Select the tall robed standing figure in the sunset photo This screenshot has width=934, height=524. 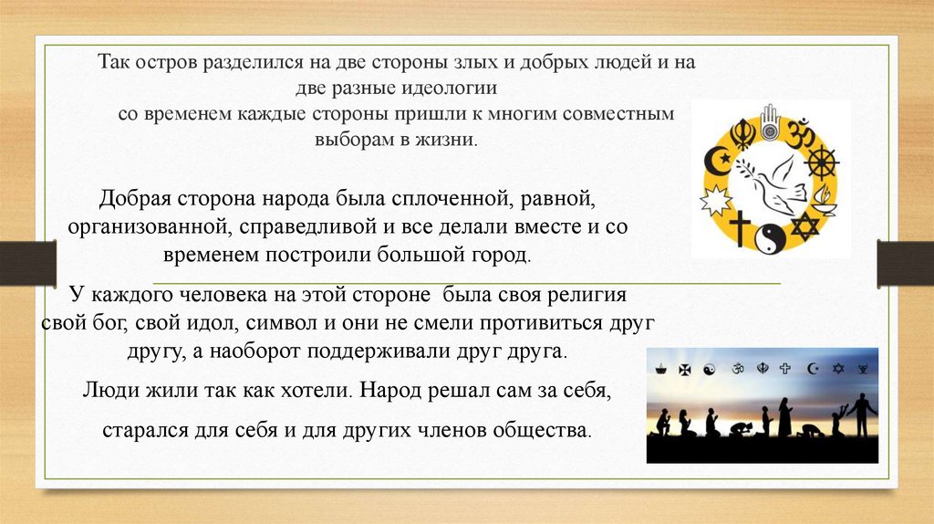[x=784, y=416]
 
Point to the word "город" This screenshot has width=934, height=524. [x=501, y=253]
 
